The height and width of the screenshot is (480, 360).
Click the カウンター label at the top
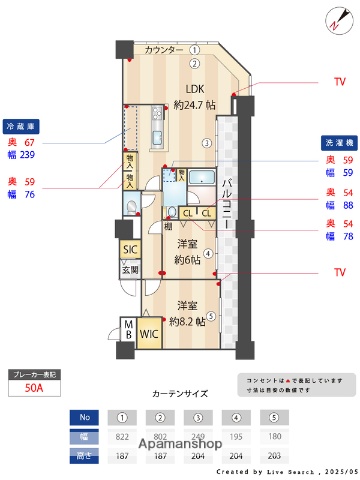tap(163, 50)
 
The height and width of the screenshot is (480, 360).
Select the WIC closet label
tap(149, 335)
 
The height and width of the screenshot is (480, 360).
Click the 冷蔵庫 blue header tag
tap(22, 127)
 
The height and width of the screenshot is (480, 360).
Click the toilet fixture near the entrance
tap(134, 208)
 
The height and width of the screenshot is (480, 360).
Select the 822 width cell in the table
tap(122, 436)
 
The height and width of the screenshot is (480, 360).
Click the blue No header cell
tap(85, 418)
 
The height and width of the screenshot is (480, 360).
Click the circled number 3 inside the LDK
tap(205, 143)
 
